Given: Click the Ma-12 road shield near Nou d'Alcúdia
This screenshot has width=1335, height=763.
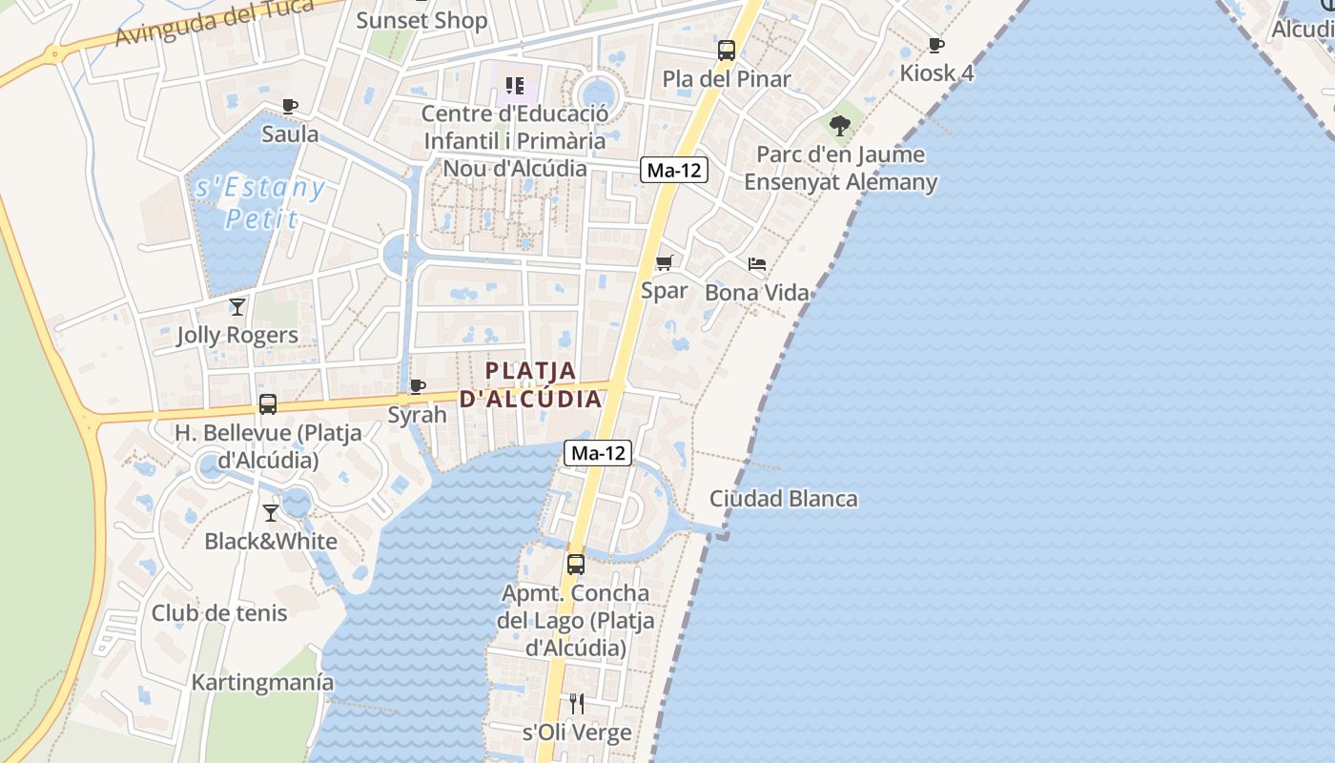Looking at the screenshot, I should coord(674,171).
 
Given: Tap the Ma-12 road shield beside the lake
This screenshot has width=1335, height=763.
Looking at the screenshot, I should coord(598,453).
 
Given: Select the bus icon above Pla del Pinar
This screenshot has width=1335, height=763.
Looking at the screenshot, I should coord(727,51).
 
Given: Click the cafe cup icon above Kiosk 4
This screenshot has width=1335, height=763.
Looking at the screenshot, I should coord(936,45).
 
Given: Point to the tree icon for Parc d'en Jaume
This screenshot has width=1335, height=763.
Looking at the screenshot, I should coord(840,125).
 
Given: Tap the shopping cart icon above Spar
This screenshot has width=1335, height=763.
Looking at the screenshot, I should coord(665,262).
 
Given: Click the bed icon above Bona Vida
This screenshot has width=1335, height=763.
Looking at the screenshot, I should coord(757,264).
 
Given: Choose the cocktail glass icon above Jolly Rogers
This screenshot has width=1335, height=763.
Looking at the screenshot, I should coord(237,307).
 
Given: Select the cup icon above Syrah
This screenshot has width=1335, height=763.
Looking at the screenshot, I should coord(417,386).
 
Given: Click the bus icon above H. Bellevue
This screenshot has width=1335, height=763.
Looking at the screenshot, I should coord(268,404).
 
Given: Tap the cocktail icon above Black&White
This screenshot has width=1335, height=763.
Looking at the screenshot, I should coord(271,513).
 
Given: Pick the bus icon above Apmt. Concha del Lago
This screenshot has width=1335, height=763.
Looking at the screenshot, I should coord(576,564).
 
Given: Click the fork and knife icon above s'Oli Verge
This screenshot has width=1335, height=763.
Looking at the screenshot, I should coord(577,704).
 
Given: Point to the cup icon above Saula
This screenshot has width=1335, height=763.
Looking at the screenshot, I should coord(290,106).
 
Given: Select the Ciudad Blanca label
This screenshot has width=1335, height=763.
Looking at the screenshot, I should coord(783,499).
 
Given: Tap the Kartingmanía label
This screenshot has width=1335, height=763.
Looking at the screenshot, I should coord(263,683).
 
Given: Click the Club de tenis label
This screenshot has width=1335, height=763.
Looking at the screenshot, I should coord(219,613).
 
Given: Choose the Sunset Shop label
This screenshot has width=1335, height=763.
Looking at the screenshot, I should coord(421,20).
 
